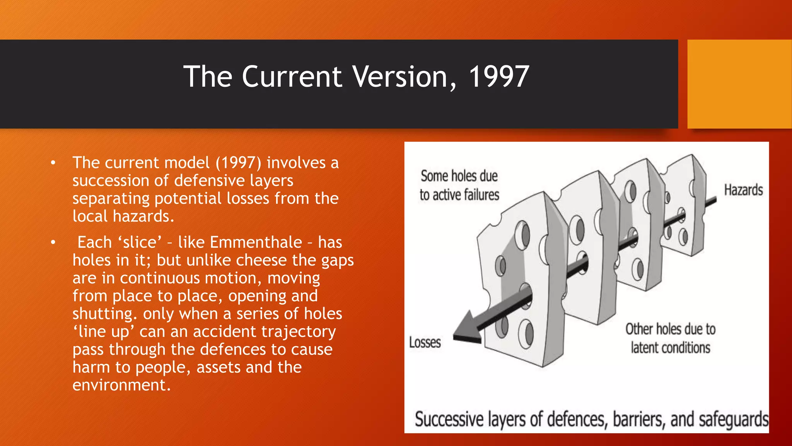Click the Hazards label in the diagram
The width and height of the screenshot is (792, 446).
743,190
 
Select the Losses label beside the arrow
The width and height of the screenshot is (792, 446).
425,343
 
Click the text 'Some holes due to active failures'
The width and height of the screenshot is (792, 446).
459,185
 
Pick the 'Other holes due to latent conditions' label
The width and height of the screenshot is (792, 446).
670,338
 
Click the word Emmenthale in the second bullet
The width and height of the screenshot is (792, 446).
256,242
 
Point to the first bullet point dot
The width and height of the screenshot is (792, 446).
53,163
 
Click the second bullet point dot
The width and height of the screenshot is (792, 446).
53,242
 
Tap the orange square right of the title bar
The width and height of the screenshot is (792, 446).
739,84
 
